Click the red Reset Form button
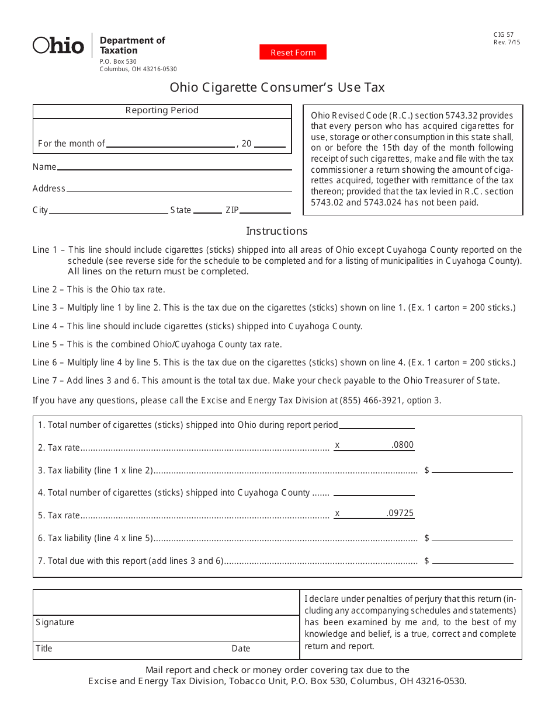coord(293,53)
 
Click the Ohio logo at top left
coord(58,45)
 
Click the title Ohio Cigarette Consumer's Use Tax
coord(277,88)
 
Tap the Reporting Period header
coord(162,110)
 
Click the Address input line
coord(179,189)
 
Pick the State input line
coord(207,210)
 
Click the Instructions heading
coord(276,231)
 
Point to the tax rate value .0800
coord(403,445)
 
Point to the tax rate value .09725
coord(400,514)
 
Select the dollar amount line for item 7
coord(472,560)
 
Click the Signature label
coord(55,622)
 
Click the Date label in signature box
coord(241,649)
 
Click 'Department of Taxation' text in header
coord(132,46)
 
